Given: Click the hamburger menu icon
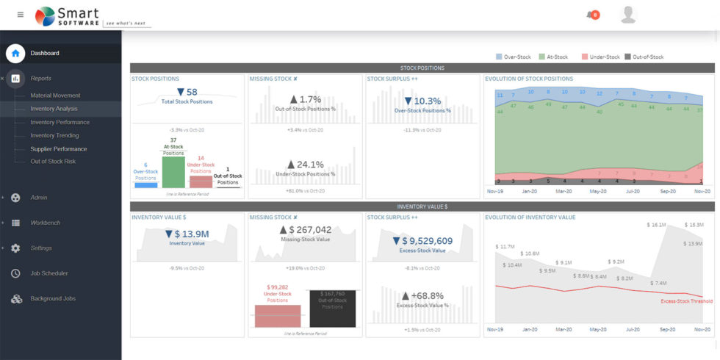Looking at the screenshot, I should click(20, 15).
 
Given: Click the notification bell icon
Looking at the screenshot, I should click(589, 15).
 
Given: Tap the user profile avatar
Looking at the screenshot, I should click(627, 15).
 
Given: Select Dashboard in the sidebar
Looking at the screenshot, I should click(44, 53).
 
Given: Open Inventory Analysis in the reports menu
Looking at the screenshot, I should click(54, 109).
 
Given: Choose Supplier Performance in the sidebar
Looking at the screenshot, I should click(57, 148).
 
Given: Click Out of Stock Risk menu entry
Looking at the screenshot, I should click(52, 162).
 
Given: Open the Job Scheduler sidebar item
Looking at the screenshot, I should click(48, 273).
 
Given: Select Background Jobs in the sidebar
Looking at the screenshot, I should click(52, 299).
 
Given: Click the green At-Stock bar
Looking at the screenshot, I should click(173, 172).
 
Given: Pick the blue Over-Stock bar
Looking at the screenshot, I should click(145, 185).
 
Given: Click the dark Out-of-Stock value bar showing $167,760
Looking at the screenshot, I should click(332, 309).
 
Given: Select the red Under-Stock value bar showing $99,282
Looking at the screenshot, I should click(277, 315).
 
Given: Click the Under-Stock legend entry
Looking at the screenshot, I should click(600, 57).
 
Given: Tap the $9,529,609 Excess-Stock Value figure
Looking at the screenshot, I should click(422, 240).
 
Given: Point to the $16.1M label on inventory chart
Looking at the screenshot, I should click(656, 225).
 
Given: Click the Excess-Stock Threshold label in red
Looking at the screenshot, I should click(685, 301).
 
